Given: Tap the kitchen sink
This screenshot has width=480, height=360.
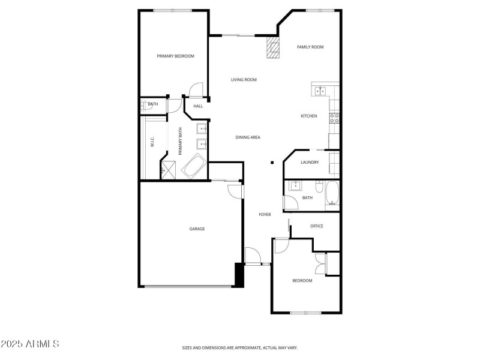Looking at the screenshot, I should click(x=319, y=91).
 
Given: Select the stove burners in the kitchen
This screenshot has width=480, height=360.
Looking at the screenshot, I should click(x=334, y=118).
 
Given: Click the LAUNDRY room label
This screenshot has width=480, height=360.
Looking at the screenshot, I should click(x=310, y=162).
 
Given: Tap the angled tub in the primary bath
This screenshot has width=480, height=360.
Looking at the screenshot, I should click(x=194, y=166).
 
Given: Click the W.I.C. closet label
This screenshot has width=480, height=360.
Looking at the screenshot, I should click(x=152, y=142).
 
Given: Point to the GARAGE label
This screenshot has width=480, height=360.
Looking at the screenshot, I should click(x=197, y=229).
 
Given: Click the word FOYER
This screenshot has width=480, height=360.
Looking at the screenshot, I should click(x=265, y=214).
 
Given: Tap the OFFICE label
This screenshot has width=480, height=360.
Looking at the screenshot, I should click(x=317, y=226).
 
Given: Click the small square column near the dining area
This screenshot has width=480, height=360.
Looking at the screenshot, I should click(x=272, y=162).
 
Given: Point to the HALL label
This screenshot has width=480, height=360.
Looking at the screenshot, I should click(x=198, y=106).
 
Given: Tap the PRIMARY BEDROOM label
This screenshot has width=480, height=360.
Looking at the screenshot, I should click(x=175, y=56).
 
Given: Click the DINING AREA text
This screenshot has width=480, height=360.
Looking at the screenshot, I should click(x=248, y=137).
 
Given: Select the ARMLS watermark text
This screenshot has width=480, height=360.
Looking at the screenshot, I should click(x=30, y=344).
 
